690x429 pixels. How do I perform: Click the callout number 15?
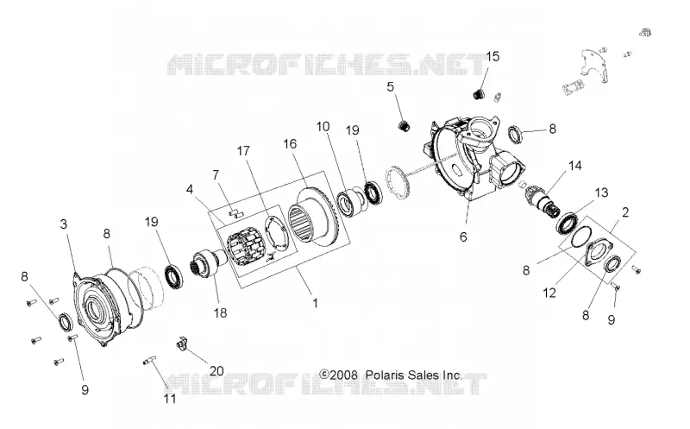coord(492,56)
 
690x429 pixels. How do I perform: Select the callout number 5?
coord(391,87)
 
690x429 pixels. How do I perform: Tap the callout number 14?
coord(574,166)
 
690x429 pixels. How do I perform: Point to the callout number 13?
coord(601,192)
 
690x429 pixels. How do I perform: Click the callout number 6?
coord(463,237)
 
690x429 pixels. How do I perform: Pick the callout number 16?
coord(290,143)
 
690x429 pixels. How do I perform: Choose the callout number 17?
coord(243,151)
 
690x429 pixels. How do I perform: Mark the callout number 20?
coord(216,371)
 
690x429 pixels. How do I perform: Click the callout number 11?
coord(170,399)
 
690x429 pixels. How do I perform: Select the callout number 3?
coord(64,224)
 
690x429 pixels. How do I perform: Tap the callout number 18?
coord(220,312)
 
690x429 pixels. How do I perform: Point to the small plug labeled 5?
coord(405,125)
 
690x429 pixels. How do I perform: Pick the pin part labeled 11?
coord(150,362)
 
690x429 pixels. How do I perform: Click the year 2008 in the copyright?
coord(342,375)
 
